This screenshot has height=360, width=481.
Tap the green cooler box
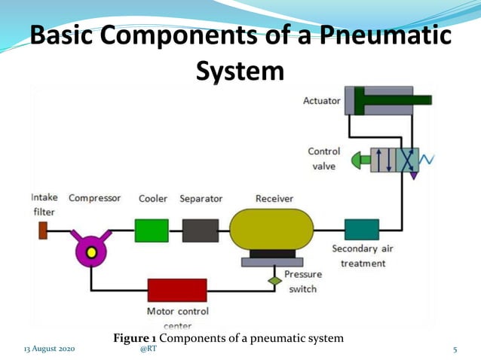[152, 230]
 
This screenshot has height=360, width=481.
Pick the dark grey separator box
[201, 230]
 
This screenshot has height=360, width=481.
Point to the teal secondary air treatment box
[362, 230]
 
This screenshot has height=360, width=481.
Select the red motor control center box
[177, 291]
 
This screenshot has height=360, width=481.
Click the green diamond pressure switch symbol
[275, 280]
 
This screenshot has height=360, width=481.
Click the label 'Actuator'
[321, 100]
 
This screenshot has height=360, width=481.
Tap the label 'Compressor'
[95, 199]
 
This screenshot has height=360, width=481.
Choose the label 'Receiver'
[274, 199]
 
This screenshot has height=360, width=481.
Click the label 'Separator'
[201, 199]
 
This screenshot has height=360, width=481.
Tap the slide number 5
[455, 350]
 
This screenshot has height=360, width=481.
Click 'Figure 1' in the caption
[135, 338]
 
